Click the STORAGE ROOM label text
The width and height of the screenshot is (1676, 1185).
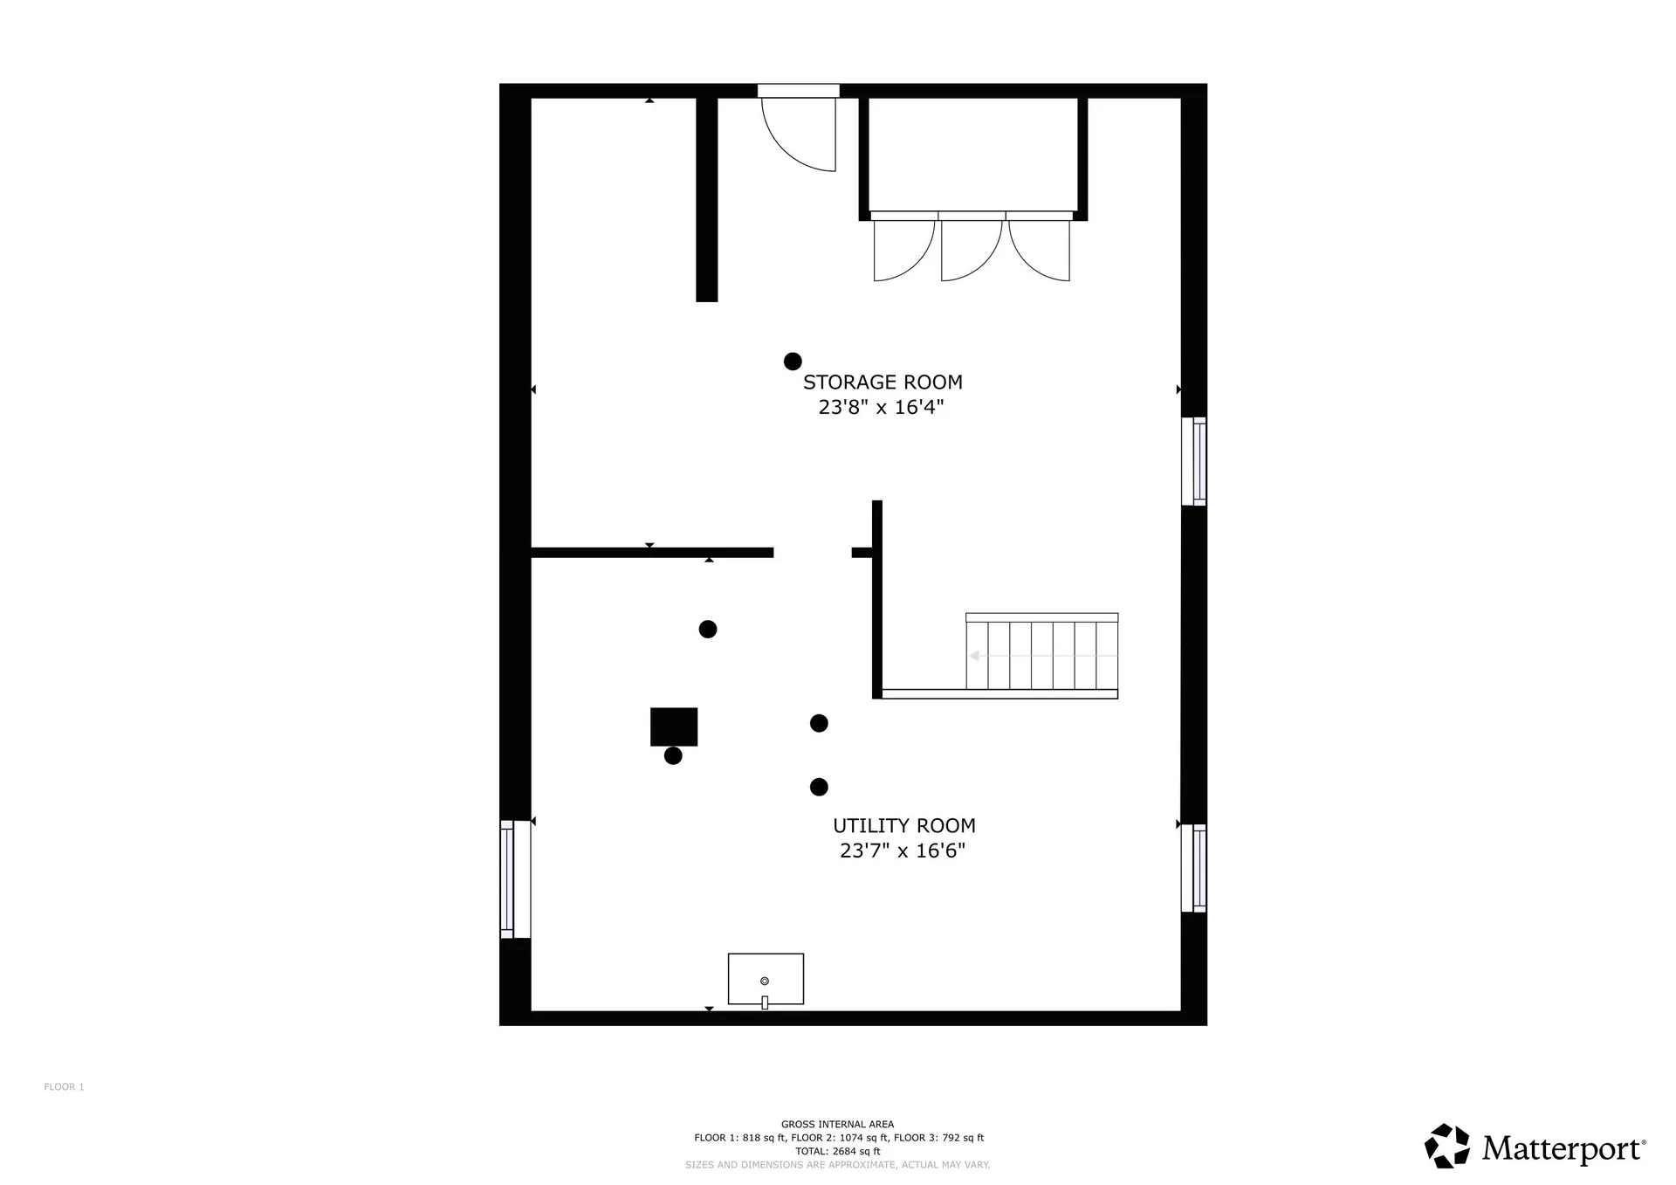[x=883, y=382]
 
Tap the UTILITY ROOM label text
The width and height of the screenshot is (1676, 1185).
[x=904, y=826]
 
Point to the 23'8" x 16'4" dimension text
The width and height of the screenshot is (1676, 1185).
[x=882, y=408]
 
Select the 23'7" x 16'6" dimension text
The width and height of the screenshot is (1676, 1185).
[x=903, y=851]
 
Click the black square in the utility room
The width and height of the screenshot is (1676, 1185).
[x=674, y=727]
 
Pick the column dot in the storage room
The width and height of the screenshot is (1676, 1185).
[x=793, y=362]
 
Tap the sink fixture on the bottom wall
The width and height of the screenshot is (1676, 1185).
[x=766, y=980]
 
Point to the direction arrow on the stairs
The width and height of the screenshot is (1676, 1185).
[x=1043, y=656]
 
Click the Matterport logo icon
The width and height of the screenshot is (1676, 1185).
[x=1447, y=1146]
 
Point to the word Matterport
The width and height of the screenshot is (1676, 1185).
[x=1562, y=1148]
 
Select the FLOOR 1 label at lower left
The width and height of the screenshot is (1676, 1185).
[x=64, y=1087]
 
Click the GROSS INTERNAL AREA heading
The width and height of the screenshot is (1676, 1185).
[x=837, y=1125]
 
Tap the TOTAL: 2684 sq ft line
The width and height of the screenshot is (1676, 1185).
[x=837, y=1151]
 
